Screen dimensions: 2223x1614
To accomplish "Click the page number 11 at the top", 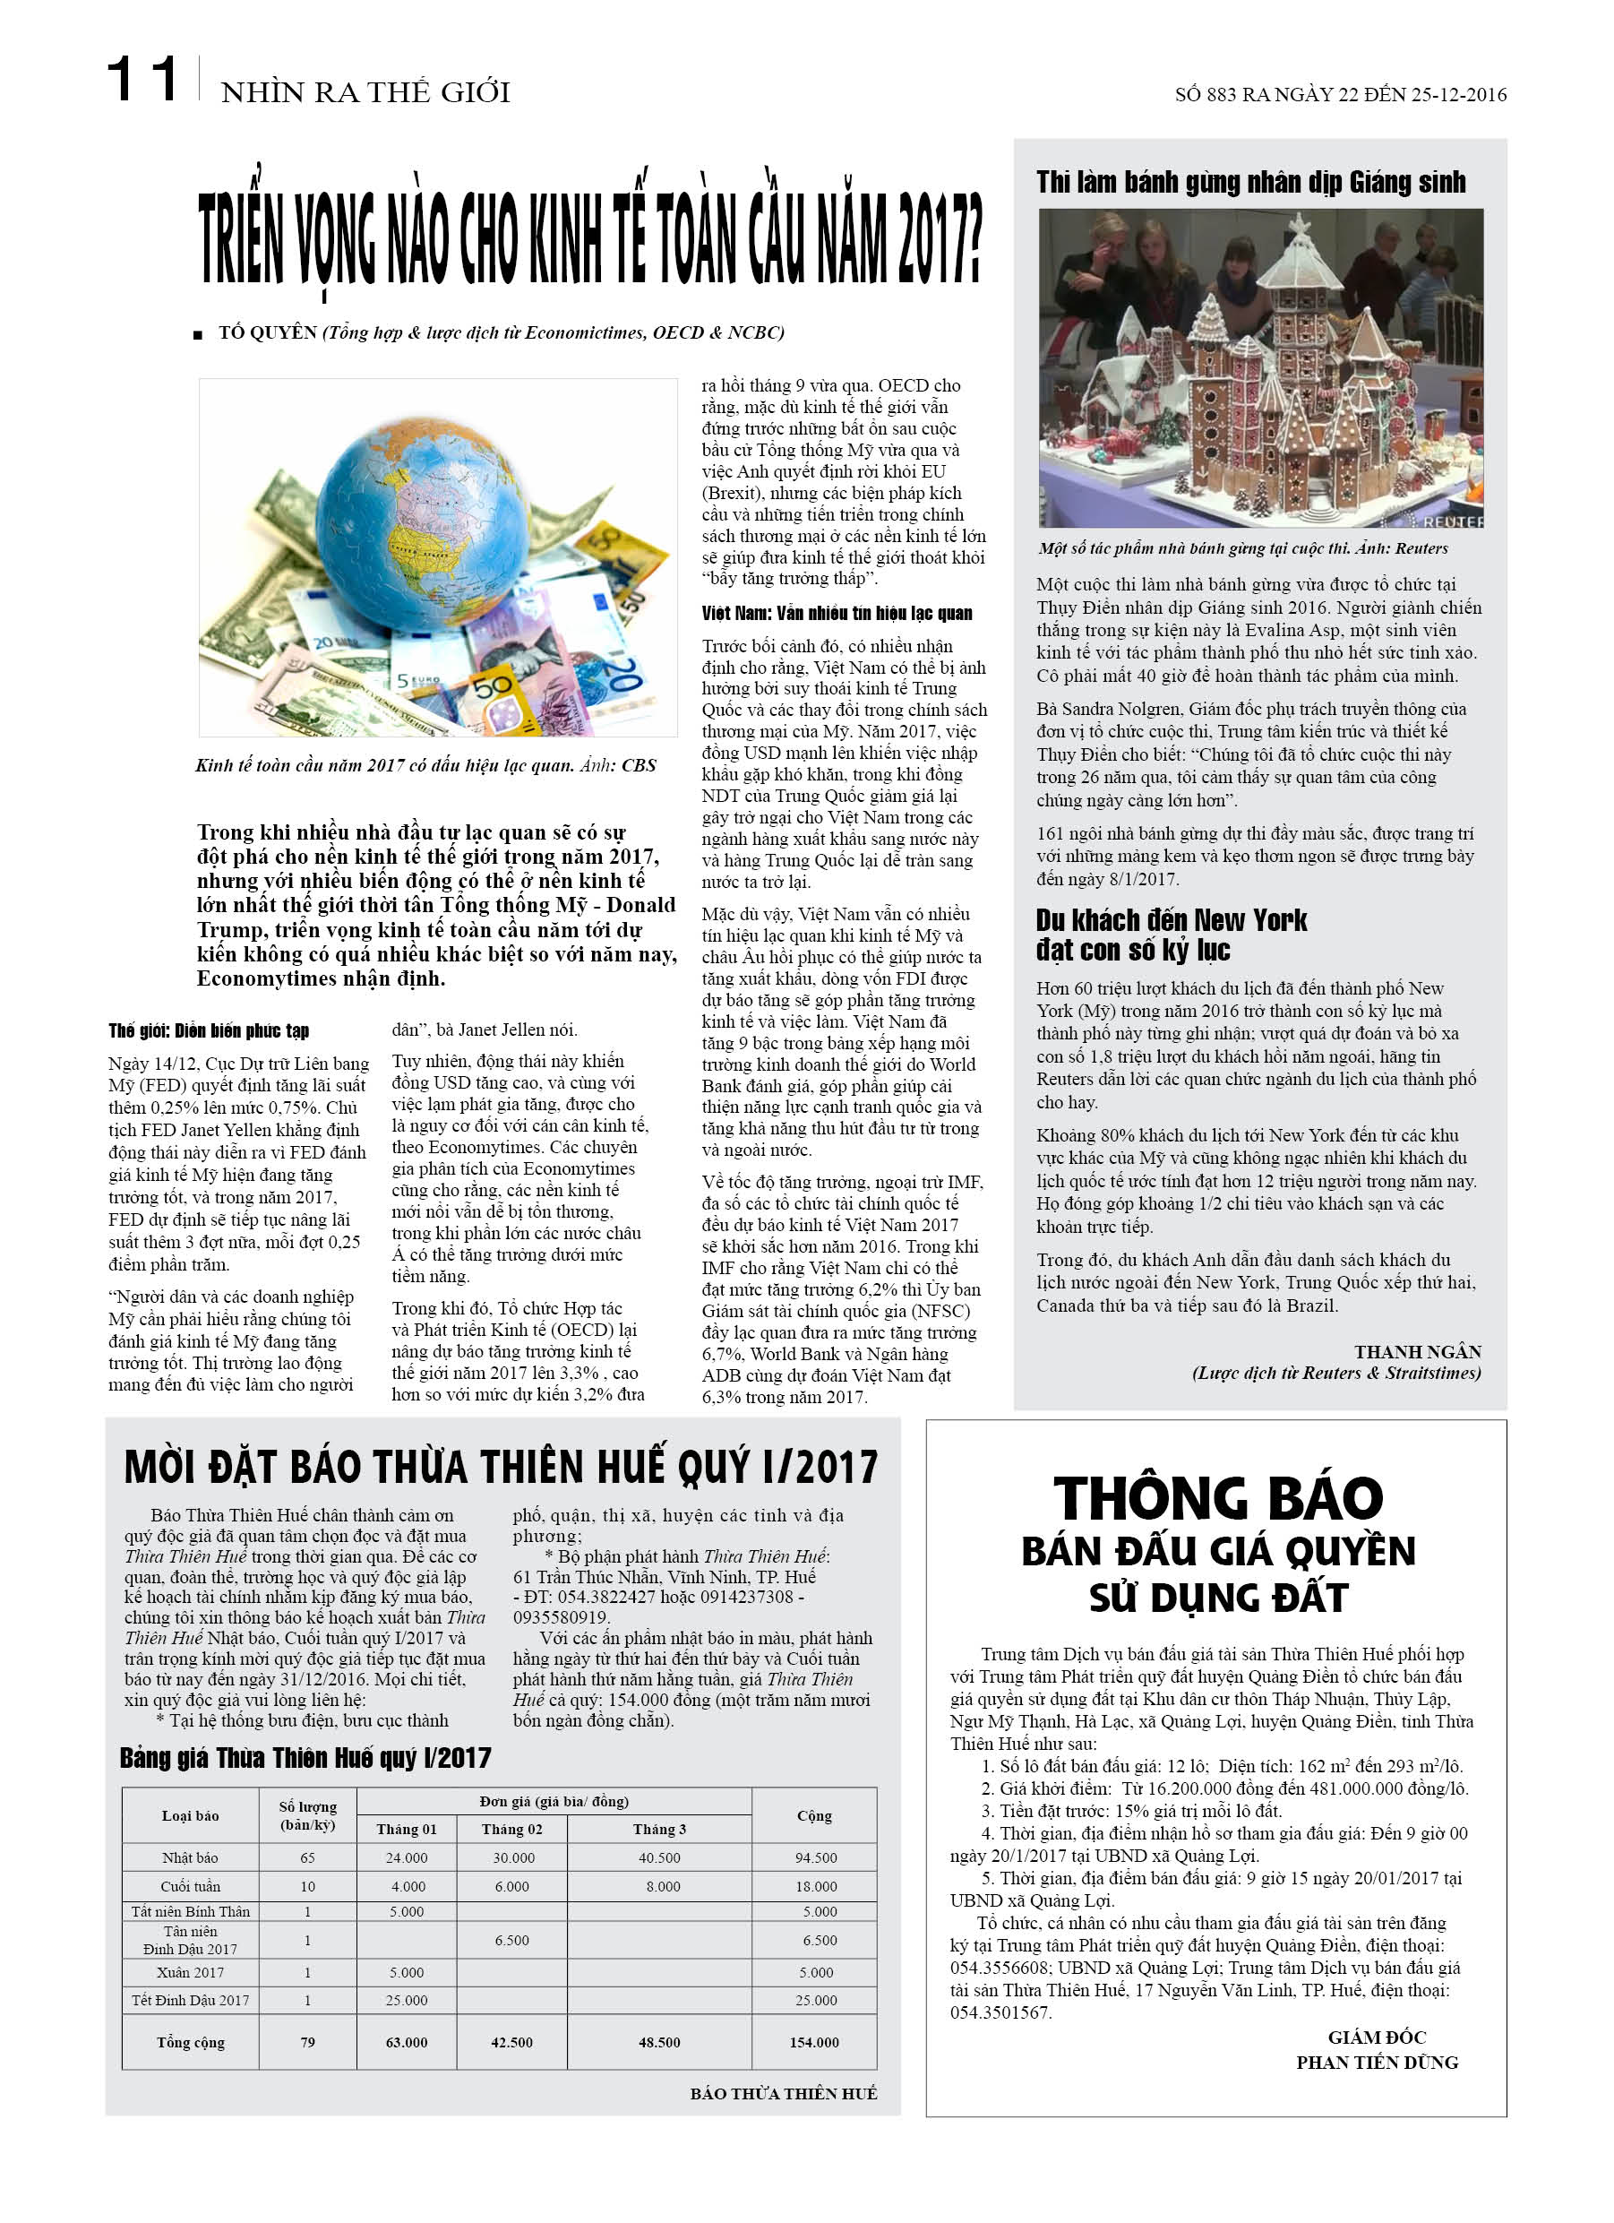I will point(142,80).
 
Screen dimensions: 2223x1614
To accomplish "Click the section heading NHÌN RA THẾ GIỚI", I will point(365,92).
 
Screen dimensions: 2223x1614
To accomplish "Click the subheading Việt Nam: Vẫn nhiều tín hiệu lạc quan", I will point(836,614).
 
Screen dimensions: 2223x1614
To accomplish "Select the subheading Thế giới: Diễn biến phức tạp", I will point(209,1030).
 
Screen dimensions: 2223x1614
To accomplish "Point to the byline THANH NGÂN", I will point(1417,1352).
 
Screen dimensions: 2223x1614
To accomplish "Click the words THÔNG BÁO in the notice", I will point(1217,1500).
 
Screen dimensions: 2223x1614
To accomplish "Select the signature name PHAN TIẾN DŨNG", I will point(1376,2064).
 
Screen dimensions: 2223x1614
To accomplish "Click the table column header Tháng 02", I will point(511,1829).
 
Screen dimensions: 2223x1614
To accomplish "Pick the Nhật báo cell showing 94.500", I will point(815,1858).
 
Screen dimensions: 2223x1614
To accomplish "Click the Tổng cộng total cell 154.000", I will point(814,2043).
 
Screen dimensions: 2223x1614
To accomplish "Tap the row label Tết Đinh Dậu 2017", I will point(190,2001).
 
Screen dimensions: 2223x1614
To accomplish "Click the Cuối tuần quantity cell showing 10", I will point(308,1887).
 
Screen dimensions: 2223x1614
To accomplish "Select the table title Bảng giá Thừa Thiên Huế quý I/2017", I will point(305,1757).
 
